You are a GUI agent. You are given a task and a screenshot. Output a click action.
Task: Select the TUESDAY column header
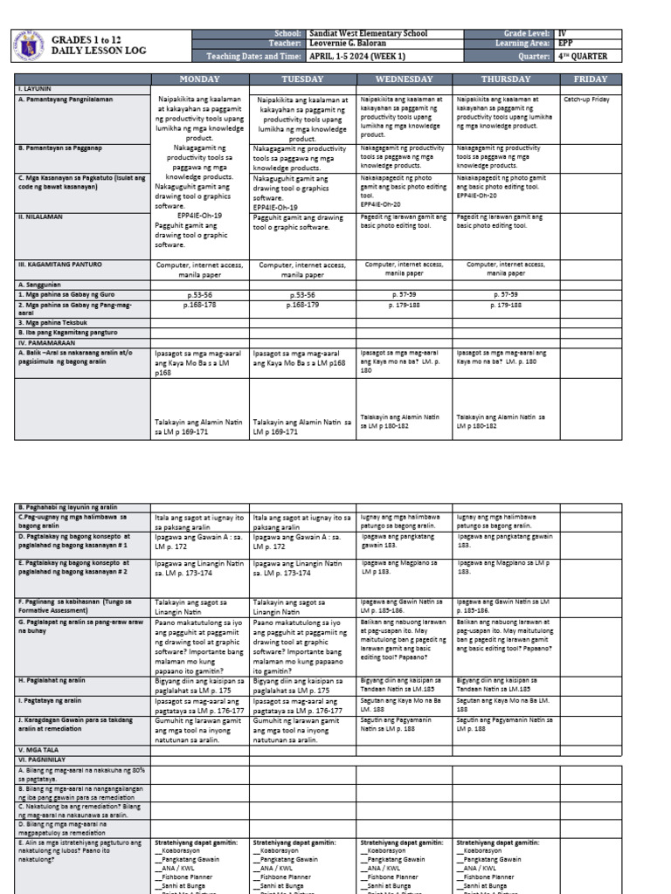pos(301,79)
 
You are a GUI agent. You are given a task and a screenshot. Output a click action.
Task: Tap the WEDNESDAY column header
pos(404,79)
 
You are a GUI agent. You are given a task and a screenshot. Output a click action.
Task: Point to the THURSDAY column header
pos(506,79)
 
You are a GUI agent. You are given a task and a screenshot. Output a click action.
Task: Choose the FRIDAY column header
pos(591,79)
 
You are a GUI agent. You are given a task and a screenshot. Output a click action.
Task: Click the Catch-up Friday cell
pos(587,100)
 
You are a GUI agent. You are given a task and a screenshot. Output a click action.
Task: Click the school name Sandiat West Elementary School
pos(369,33)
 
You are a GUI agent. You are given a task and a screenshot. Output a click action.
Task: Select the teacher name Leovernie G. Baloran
pos(348,45)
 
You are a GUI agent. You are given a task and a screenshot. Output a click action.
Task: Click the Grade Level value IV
pos(560,33)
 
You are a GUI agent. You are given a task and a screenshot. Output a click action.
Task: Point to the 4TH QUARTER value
pos(580,57)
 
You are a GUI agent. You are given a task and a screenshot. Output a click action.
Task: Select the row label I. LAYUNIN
pos(33,90)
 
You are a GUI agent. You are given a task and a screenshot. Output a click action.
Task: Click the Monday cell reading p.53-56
pos(199,295)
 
